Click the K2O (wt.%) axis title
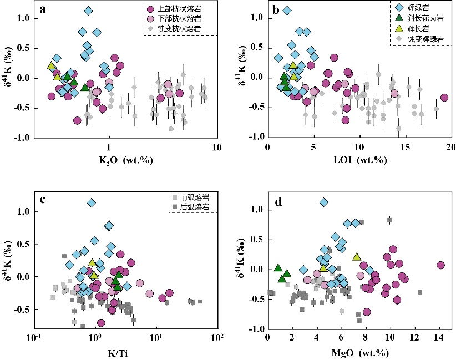[124, 160]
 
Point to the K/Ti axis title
[125, 351]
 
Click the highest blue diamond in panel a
[88, 11]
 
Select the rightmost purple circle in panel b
[444, 98]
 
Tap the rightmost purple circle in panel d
[440, 265]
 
